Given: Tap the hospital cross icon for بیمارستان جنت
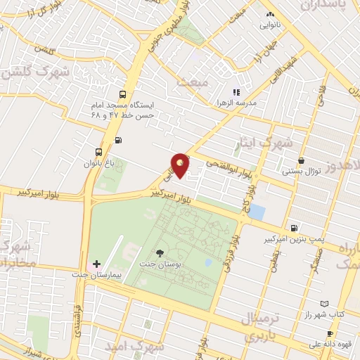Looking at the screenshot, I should [97, 263].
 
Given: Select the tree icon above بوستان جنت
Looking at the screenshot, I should [160, 252].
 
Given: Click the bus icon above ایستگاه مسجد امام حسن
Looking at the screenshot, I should [124, 94].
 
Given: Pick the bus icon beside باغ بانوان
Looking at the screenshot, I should [98, 151].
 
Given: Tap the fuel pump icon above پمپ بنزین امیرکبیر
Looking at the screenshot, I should [293, 228].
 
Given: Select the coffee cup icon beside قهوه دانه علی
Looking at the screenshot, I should [329, 334].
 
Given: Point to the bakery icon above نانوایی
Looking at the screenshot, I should [269, 14].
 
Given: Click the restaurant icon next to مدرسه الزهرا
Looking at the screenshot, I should [237, 91].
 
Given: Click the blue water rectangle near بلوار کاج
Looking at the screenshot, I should [257, 212].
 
